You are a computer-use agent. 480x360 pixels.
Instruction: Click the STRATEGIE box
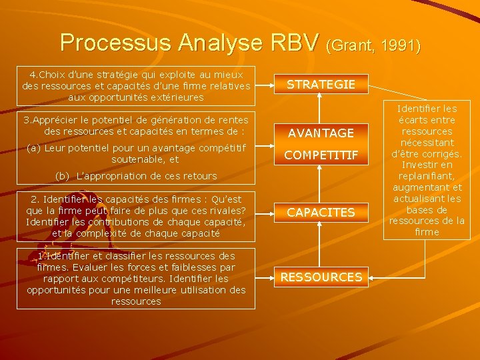coord(321,85)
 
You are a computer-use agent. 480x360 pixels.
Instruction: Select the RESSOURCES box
coord(321,277)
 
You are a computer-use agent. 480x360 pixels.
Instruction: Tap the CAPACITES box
coord(321,212)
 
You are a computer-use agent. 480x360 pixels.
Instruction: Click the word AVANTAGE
coord(321,133)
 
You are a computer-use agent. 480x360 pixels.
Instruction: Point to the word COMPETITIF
coord(321,156)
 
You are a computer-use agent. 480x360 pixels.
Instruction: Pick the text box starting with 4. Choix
coord(136,86)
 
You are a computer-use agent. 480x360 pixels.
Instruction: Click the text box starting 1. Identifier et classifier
coord(136,279)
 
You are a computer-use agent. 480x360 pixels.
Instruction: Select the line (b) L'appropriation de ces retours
coord(137,176)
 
